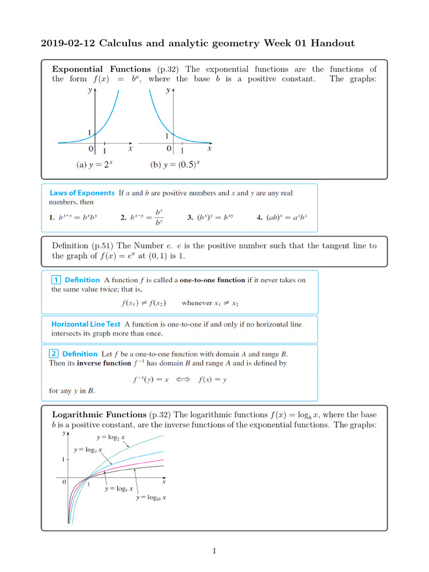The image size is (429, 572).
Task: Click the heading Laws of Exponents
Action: click(x=83, y=193)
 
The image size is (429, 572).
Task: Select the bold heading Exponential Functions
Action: click(x=101, y=69)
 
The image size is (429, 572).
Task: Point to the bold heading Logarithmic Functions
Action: click(x=99, y=414)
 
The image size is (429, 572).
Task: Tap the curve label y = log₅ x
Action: click(x=119, y=489)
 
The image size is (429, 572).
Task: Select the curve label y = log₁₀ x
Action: click(x=151, y=497)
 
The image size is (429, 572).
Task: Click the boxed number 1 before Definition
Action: click(x=56, y=280)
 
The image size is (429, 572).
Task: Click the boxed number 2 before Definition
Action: click(x=54, y=354)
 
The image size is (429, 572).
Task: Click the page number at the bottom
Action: click(x=214, y=551)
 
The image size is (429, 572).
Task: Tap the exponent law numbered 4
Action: click(x=282, y=218)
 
